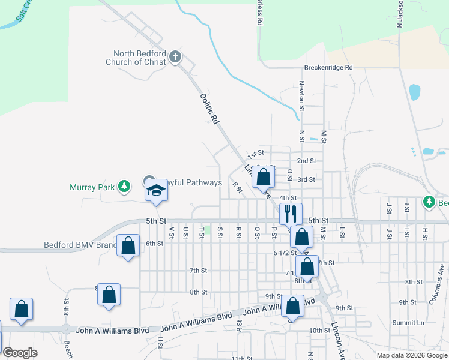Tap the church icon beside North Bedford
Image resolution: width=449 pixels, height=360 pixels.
[x=175, y=58]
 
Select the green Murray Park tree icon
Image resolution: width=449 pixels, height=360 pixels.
[x=124, y=187]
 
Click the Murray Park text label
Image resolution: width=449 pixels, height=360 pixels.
[x=91, y=187]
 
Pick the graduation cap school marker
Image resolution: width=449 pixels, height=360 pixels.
[x=156, y=191]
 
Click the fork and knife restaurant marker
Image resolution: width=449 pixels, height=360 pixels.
[x=291, y=213]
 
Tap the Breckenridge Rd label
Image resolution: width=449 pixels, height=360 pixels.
[x=328, y=68]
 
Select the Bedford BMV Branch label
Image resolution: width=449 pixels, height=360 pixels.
[x=80, y=245]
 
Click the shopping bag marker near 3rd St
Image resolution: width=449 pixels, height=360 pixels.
[x=263, y=177]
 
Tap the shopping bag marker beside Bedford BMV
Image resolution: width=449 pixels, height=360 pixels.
[x=128, y=245]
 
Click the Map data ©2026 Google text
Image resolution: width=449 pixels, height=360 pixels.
[x=411, y=355]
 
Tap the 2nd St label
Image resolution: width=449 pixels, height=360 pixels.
[x=306, y=161]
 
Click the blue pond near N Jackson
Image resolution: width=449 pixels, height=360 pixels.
[x=414, y=92]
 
